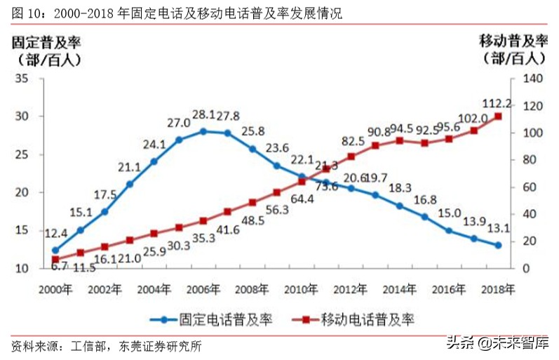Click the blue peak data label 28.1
[203, 115]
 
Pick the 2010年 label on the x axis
[302, 288]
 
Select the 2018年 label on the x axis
[499, 288]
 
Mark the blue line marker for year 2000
[55, 250]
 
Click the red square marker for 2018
[498, 116]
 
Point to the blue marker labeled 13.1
[498, 245]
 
